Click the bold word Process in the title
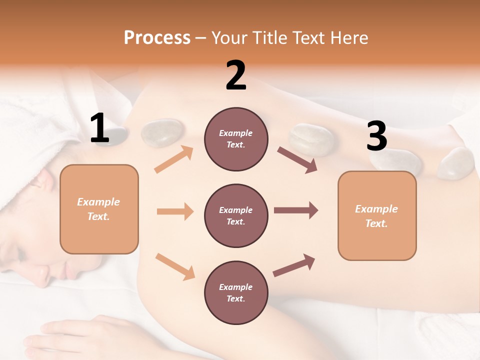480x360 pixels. click(x=157, y=38)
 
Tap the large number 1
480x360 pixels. click(x=99, y=128)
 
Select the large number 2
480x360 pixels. click(x=236, y=75)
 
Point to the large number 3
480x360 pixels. click(x=376, y=136)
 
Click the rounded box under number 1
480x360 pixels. click(x=99, y=209)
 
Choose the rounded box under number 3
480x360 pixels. click(x=377, y=215)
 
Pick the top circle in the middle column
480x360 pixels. click(x=236, y=139)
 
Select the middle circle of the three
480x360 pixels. click(x=236, y=215)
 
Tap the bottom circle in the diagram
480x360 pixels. click(x=236, y=292)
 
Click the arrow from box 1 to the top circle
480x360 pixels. click(x=173, y=159)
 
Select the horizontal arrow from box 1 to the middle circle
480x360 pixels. click(x=175, y=211)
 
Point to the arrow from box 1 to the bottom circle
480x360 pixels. click(x=175, y=266)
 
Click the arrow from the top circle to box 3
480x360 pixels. click(x=297, y=160)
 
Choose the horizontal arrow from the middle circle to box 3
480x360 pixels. click(x=295, y=210)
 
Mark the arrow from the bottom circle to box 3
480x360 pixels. click(x=294, y=265)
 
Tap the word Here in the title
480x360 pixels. click(x=349, y=38)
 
